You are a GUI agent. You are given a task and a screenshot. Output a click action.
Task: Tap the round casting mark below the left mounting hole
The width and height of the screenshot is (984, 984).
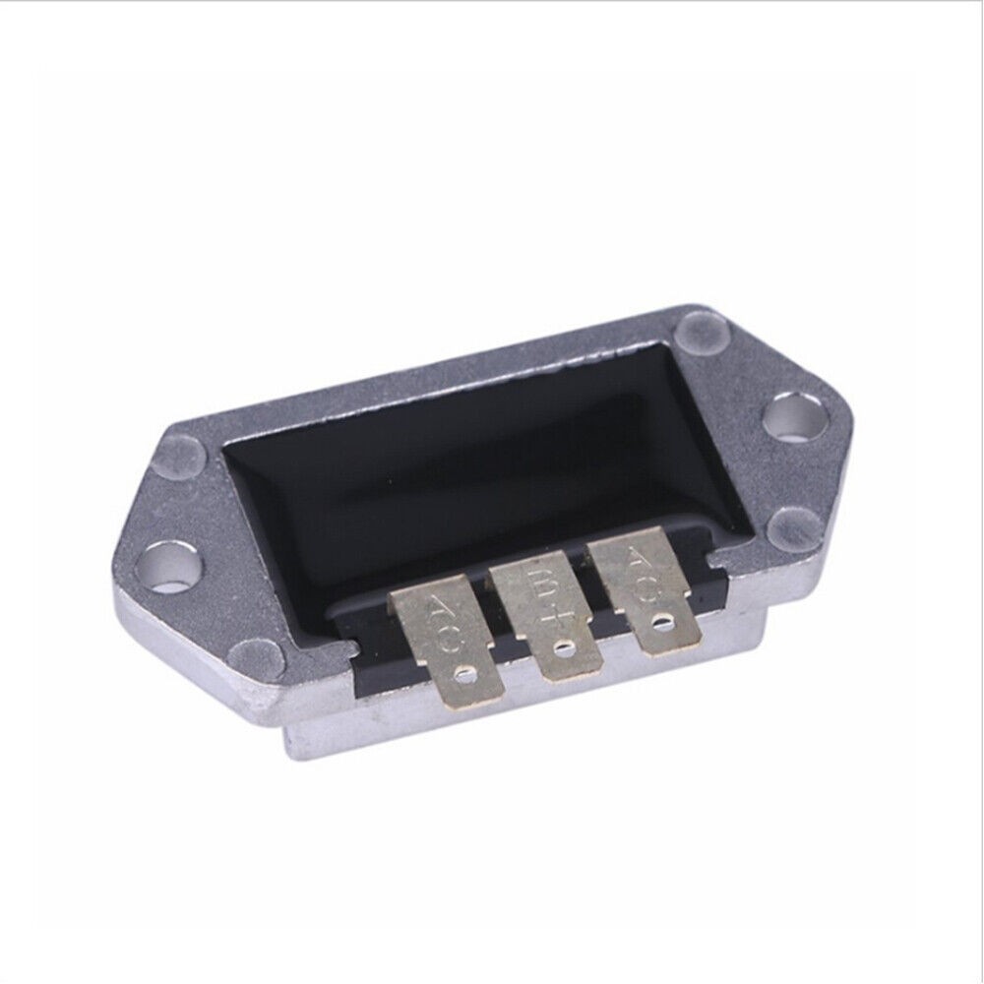(x=259, y=653)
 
